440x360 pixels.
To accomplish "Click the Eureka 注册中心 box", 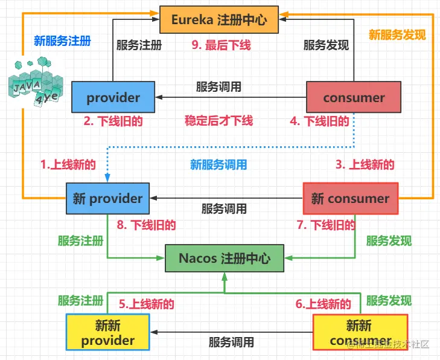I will pyautogui.click(x=221, y=19).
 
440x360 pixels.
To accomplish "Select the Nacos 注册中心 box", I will pyautogui.click(x=225, y=258).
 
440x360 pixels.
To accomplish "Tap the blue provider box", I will pyautogui.click(x=113, y=98).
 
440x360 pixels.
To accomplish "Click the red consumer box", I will pyautogui.click(x=354, y=98).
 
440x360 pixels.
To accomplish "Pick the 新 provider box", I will pyautogui.click(x=107, y=198).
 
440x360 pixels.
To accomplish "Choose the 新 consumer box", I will pyautogui.click(x=350, y=198).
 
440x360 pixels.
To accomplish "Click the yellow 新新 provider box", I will pyautogui.click(x=107, y=333).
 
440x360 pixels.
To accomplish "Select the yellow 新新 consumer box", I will pyautogui.click(x=360, y=333).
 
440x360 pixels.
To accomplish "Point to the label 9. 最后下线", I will pyautogui.click(x=220, y=45).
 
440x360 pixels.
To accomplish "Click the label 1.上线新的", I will pyautogui.click(x=68, y=164).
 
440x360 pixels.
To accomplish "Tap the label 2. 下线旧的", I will pyautogui.click(x=113, y=121).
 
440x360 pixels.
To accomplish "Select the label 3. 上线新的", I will pyautogui.click(x=365, y=164).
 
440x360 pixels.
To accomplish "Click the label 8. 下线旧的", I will pyautogui.click(x=146, y=225).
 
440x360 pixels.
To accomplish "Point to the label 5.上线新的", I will pyautogui.click(x=146, y=304).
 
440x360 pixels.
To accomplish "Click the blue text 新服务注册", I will pyautogui.click(x=62, y=41).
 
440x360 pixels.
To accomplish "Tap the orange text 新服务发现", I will pyautogui.click(x=397, y=34).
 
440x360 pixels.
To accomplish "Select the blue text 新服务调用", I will pyautogui.click(x=218, y=165).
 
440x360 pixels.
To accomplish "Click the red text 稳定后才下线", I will pyautogui.click(x=218, y=121).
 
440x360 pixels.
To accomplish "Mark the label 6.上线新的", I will pyautogui.click(x=324, y=304).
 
